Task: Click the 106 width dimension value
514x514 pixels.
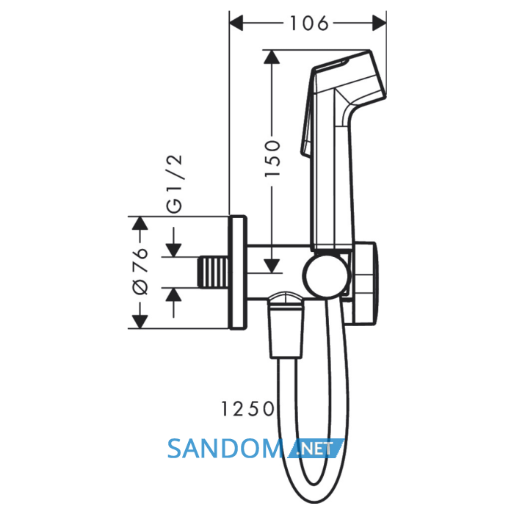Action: pos(309,23)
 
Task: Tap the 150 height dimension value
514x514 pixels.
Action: pos(272,159)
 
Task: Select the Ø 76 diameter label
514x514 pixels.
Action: pos(140,271)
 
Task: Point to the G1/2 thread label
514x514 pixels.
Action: pos(174,184)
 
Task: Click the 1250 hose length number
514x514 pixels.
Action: pos(248,409)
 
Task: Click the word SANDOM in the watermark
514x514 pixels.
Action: pos(225,449)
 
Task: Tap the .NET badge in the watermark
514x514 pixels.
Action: pos(316,448)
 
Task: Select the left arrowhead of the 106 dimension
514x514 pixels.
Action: pos(236,23)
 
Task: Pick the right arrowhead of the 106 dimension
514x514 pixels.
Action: pos(380,23)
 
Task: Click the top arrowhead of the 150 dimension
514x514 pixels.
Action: pos(272,57)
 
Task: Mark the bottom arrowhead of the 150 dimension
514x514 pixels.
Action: pos(272,266)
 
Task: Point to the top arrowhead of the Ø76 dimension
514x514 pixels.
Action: pos(140,223)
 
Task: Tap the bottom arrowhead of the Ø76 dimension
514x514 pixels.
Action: pos(140,322)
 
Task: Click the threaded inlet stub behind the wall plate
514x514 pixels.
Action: pos(214,272)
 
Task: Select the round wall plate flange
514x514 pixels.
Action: pos(238,272)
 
